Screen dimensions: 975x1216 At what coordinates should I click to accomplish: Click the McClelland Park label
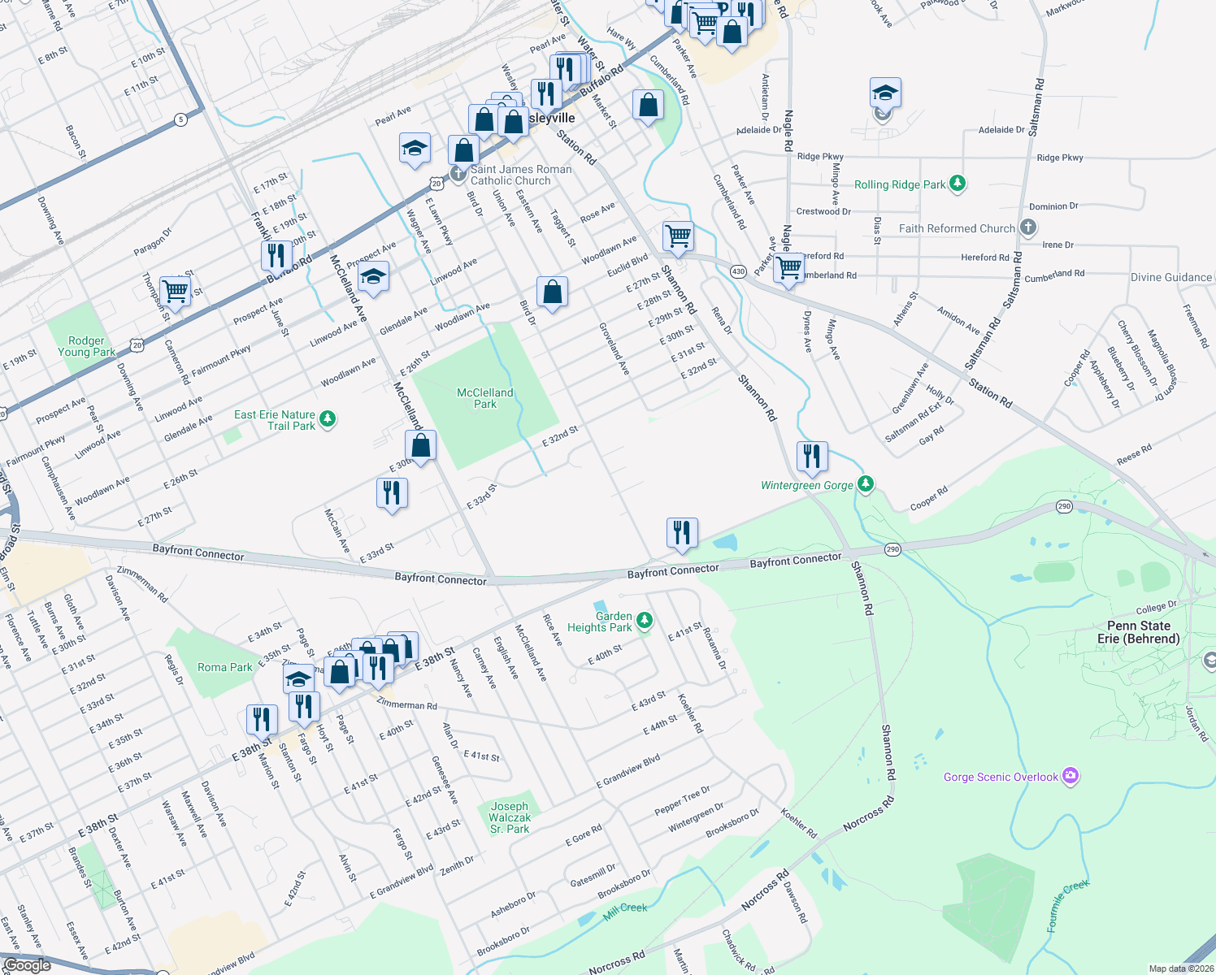484,398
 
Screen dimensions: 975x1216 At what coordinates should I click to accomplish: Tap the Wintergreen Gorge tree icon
866,485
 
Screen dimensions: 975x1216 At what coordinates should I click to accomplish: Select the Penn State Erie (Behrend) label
1138,632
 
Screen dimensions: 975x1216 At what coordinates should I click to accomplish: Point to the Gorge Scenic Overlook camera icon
1071,776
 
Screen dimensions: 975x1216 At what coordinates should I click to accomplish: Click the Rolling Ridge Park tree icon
958,184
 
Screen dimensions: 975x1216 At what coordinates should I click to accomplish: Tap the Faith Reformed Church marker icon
1028,227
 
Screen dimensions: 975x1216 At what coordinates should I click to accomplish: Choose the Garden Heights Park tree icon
645,622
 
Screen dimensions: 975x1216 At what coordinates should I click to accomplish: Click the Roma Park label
224,667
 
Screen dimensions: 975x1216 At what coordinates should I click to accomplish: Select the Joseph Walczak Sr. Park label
510,817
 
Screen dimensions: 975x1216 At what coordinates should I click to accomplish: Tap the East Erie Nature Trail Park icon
328,419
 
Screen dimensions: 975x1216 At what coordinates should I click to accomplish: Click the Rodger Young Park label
86,346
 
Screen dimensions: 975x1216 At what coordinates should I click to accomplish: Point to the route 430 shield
738,271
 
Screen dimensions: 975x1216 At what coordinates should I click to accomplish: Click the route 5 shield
180,119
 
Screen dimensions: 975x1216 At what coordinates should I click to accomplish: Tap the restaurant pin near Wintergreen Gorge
811,457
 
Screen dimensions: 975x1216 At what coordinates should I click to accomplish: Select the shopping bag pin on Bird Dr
552,292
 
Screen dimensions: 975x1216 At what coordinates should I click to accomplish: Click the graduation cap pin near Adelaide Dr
884,93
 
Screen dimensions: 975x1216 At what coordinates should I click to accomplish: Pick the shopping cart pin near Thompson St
175,291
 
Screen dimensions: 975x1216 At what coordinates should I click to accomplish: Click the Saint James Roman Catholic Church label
520,175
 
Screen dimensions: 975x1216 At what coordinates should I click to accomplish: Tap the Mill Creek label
625,908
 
